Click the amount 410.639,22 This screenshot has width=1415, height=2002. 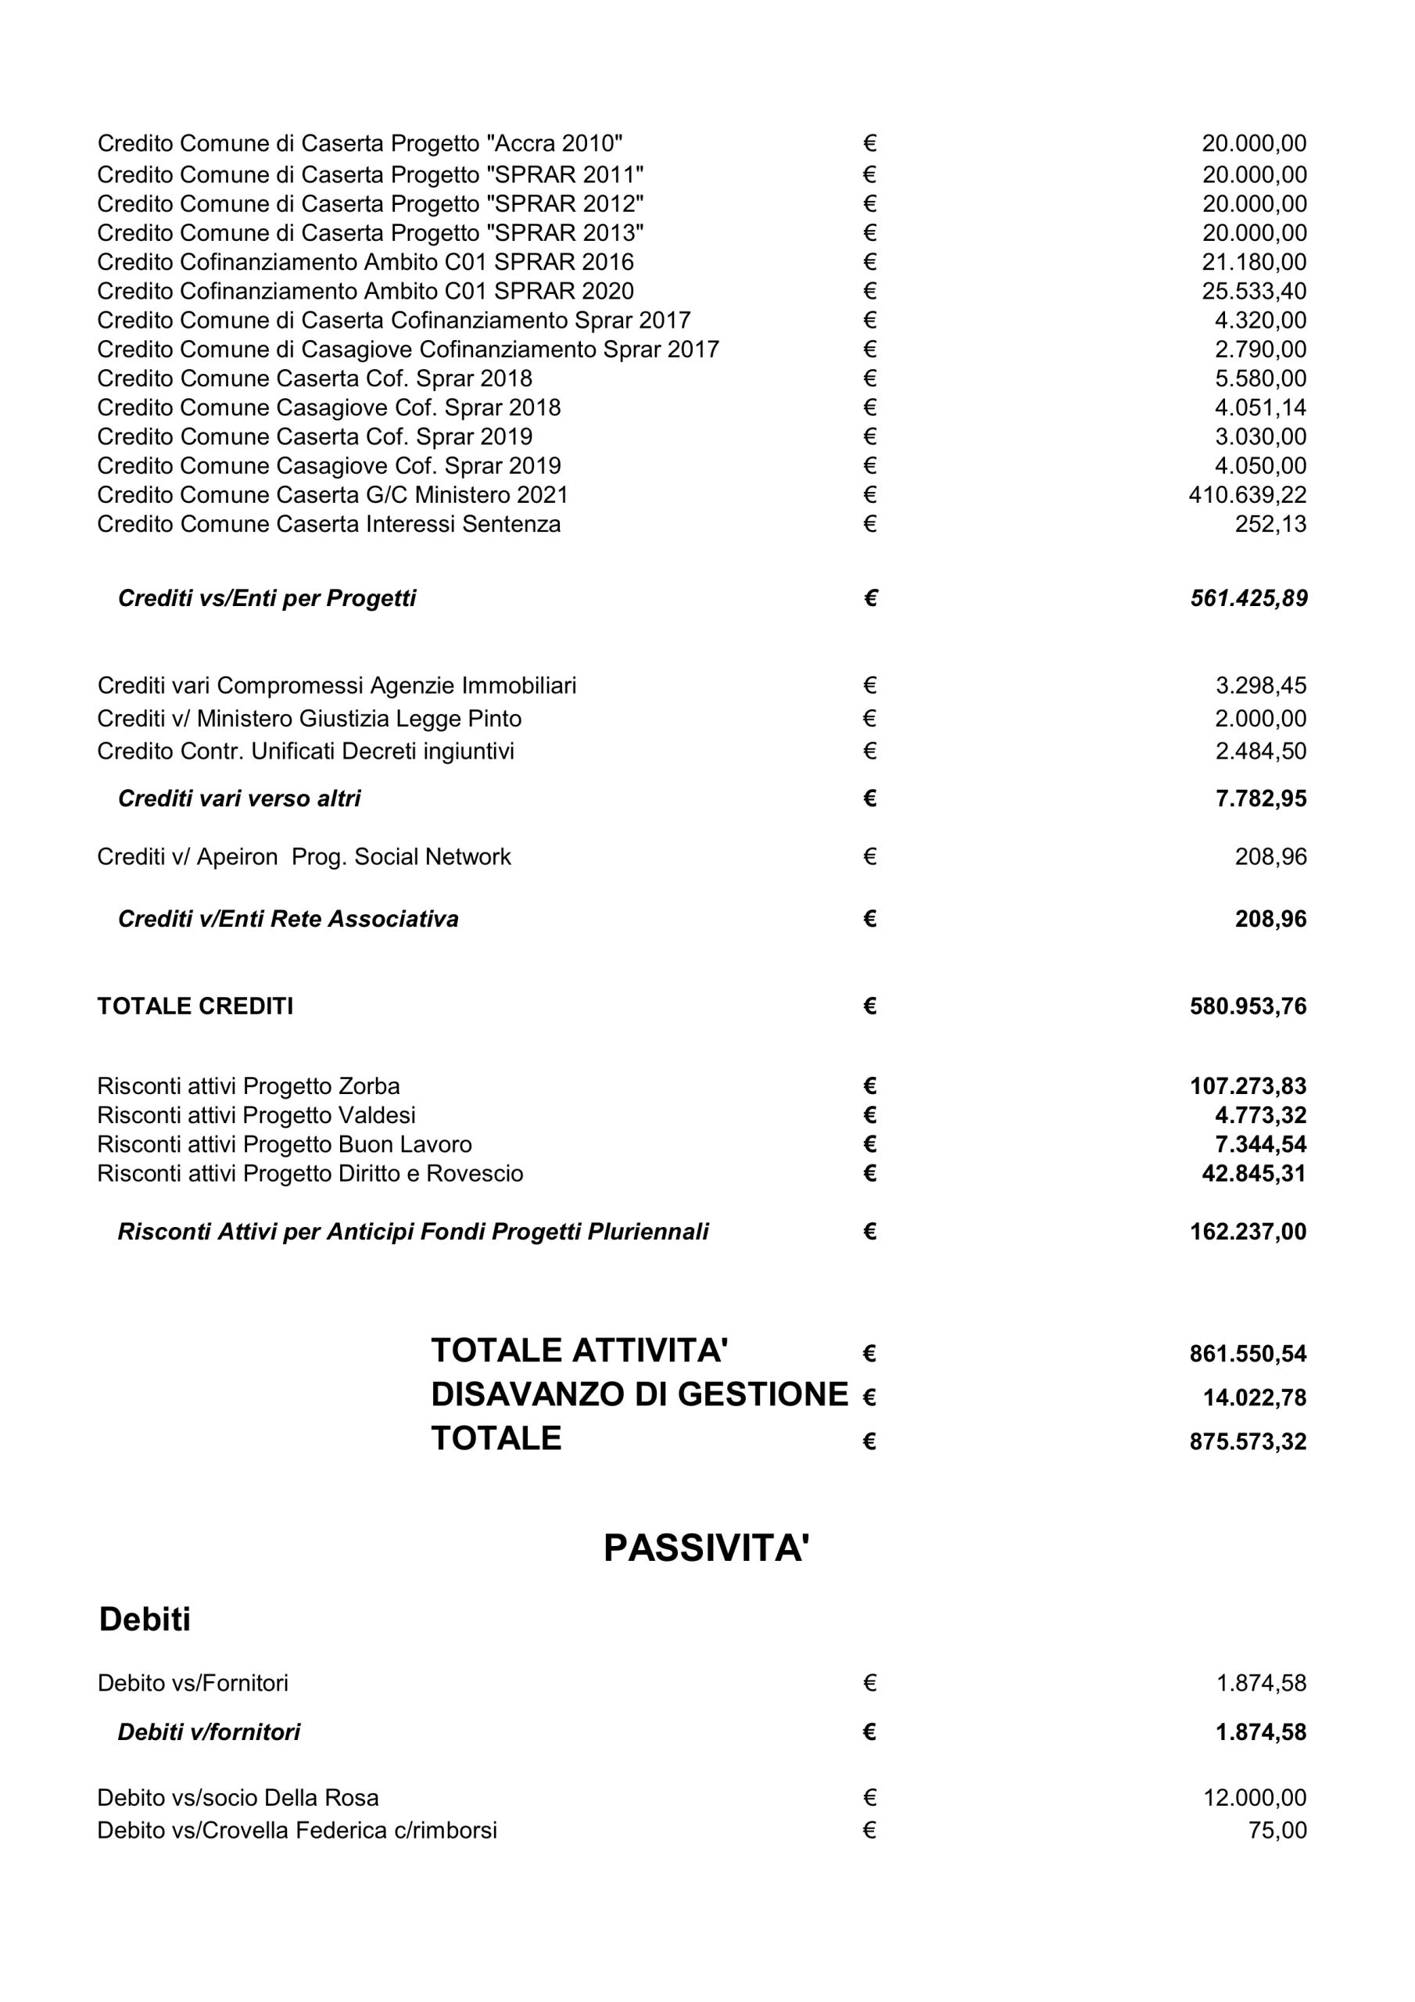click(x=1247, y=495)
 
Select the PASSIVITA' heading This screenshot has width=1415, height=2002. click(x=706, y=1548)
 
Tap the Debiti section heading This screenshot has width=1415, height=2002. click(x=145, y=1620)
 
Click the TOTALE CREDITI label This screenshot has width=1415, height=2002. click(x=195, y=1006)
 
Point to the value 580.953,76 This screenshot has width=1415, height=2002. click(x=1248, y=1006)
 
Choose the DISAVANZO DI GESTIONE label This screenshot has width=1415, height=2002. click(x=639, y=1394)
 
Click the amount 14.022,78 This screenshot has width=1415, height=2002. click(x=1255, y=1397)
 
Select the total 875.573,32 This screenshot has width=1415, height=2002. click(x=1248, y=1441)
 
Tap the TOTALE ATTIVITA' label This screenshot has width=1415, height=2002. click(x=579, y=1351)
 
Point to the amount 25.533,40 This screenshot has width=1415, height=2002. click(x=1254, y=291)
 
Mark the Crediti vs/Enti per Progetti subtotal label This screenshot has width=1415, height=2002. click(x=267, y=598)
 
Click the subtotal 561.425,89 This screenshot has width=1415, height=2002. click(x=1248, y=598)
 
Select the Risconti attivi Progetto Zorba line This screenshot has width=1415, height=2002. click(x=249, y=1086)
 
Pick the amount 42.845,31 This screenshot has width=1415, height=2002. click(x=1254, y=1174)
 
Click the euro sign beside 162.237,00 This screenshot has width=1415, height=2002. click(x=869, y=1232)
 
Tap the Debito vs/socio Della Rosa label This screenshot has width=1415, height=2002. click(x=238, y=1798)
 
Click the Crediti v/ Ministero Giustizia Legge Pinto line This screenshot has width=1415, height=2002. click(x=310, y=719)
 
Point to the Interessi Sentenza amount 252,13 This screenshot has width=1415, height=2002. click(x=1270, y=524)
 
